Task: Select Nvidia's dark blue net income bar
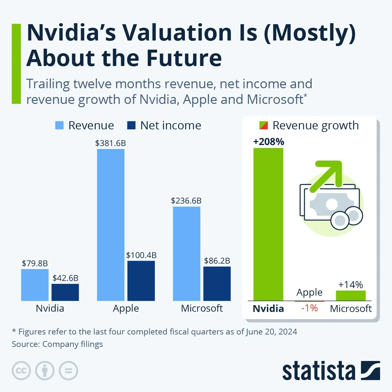click(65, 292)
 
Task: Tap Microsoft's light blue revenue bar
click(186, 253)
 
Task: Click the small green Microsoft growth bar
click(351, 296)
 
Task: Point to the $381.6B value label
click(110, 143)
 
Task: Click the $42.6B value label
click(65, 278)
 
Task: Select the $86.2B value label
click(217, 261)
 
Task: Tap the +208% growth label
click(269, 142)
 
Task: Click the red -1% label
click(309, 308)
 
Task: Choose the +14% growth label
click(351, 285)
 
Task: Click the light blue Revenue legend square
click(59, 125)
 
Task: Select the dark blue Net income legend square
click(131, 125)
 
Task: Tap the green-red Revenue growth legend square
click(264, 125)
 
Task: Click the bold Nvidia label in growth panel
click(268, 308)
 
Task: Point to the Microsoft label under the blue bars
click(202, 308)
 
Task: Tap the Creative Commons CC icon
click(21, 371)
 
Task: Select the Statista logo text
click(318, 371)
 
